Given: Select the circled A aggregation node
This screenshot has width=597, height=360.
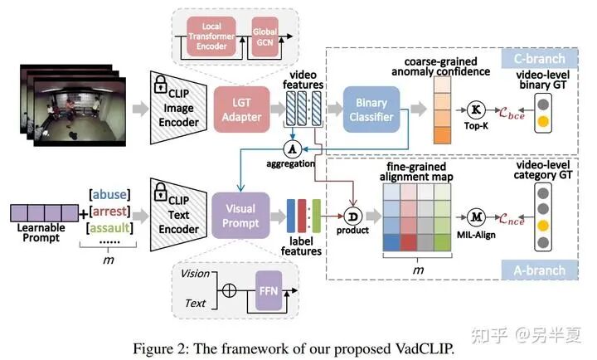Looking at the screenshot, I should tap(291, 148).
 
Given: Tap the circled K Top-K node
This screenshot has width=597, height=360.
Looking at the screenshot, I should tap(476, 109).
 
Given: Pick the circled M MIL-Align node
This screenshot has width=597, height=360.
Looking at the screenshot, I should tap(475, 217).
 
